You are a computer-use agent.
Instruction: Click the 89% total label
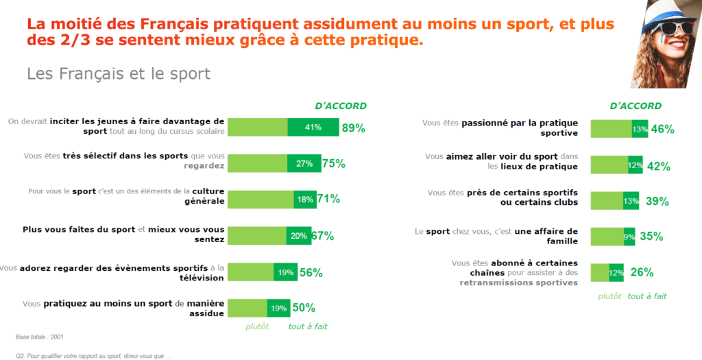pos(353,128)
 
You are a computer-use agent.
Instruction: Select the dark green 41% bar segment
pos(313,128)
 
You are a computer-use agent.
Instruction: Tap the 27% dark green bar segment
pos(304,163)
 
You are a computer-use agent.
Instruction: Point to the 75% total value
pos(334,163)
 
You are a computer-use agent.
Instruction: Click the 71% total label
pos(328,199)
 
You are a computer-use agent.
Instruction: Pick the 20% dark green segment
pos(298,235)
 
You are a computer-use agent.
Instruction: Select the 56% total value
pos(311,272)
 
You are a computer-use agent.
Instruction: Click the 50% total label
pos(304,308)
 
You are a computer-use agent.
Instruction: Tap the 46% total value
pos(663,129)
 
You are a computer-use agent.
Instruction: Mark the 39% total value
pos(657,201)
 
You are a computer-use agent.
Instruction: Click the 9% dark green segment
pos(629,237)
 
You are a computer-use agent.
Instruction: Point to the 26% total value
pos(642,272)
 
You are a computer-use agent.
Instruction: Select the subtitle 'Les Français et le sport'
pos(119,74)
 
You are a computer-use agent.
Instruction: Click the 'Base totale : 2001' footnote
pos(40,337)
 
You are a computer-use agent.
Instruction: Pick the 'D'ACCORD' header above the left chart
pos(341,106)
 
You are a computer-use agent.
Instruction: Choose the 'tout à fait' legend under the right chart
pos(647,296)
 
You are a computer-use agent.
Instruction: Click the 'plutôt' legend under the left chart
pos(257,326)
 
